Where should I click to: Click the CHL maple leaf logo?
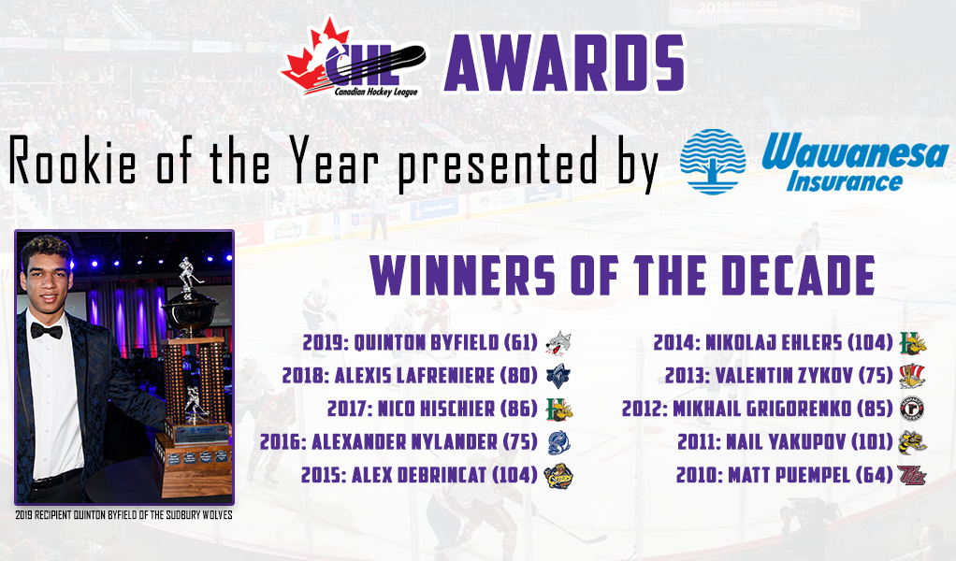pos(353,59)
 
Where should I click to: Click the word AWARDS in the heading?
pos(565,63)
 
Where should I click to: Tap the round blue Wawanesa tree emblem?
pos(713,162)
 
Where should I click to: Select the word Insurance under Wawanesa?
pos(845,181)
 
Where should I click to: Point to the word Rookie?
pos(73,162)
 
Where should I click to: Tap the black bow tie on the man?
pos(47,331)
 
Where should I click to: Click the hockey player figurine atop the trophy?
pos(186,277)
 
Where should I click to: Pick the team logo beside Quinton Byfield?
pos(558,343)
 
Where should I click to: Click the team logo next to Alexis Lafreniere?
pos(558,376)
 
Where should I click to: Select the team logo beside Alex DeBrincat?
pos(558,475)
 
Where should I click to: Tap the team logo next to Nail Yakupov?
pos(912,442)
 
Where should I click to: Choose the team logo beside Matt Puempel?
pos(912,475)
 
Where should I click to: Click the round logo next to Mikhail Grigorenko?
pos(912,409)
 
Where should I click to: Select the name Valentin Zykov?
pos(784,376)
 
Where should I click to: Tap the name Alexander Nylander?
pos(404,442)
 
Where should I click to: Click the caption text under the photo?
pos(123,514)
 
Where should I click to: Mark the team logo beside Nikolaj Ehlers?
pos(913,343)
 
